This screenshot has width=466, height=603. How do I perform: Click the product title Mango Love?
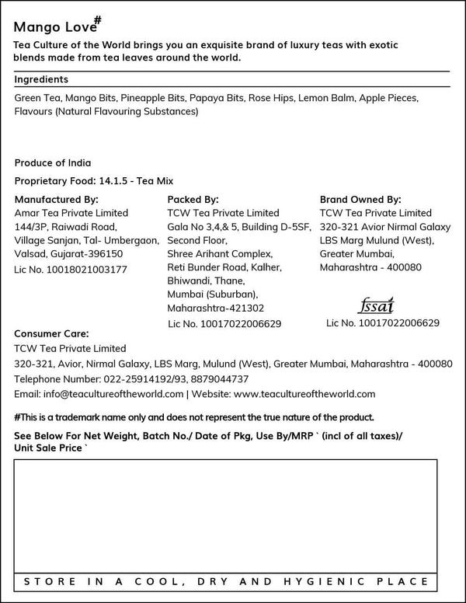point(50,27)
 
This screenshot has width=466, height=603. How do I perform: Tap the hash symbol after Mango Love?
point(98,19)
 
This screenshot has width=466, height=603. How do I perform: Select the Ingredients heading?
point(41,79)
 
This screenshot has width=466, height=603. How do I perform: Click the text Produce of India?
point(53,163)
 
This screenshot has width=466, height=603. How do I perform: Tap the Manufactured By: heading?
point(57,199)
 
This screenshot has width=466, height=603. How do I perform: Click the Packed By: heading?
point(193,199)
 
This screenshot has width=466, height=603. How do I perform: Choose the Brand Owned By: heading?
point(360,199)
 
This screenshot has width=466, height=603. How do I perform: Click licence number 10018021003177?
point(85,270)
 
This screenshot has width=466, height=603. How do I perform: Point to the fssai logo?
point(377,304)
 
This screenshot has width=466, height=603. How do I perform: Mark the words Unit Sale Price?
point(47,448)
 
